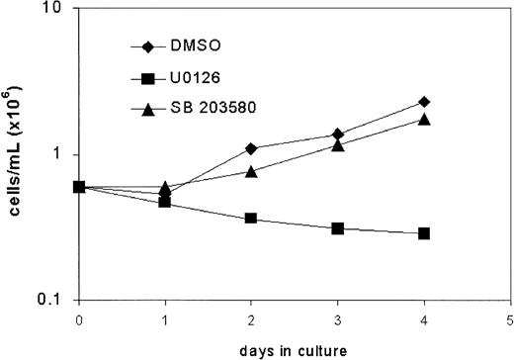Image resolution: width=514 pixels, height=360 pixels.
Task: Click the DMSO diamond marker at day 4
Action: coord(424,102)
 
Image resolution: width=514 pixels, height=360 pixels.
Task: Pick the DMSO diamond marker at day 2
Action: coord(251,148)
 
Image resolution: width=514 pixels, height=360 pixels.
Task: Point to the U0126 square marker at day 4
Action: coord(424,233)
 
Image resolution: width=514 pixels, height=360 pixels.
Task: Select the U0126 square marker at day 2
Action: coord(251,219)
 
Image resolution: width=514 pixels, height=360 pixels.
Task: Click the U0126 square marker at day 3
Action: coord(338,228)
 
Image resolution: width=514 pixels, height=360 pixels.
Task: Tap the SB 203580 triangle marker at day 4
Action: coord(424,119)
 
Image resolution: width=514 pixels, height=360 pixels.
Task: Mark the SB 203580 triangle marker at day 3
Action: coord(338,144)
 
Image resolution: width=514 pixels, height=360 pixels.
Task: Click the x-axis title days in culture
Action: coord(294,350)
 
